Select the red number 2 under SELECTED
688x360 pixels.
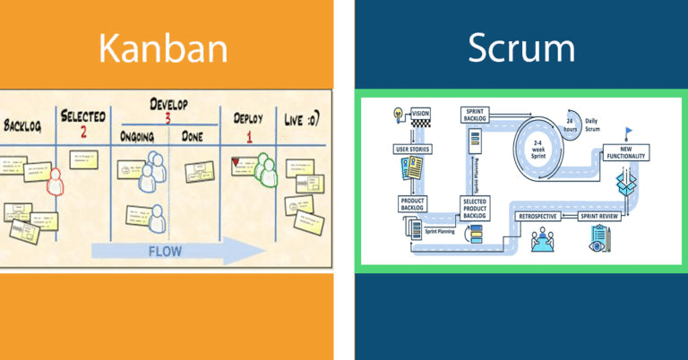pyautogui.click(x=82, y=133)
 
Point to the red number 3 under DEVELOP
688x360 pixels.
pyautogui.click(x=167, y=117)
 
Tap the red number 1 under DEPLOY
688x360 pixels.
pyautogui.click(x=248, y=133)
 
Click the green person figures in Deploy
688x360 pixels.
pyautogui.click(x=267, y=168)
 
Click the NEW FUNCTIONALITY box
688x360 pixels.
pyautogui.click(x=625, y=153)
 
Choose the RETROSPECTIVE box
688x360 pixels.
pyautogui.click(x=541, y=216)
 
